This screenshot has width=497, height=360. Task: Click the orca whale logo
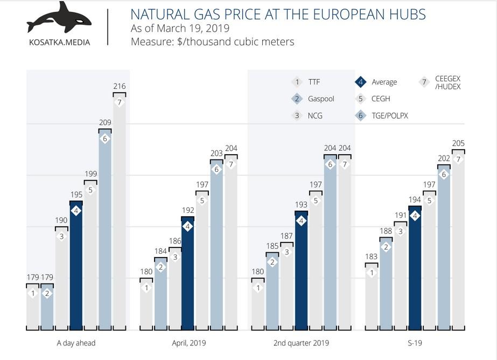pos(59,18)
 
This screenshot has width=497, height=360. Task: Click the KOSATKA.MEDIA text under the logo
pos(59,42)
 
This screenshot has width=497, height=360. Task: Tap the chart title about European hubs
pos(278,14)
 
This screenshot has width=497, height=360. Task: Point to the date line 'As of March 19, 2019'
pos(180,28)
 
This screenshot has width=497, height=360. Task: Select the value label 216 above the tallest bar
pos(120,86)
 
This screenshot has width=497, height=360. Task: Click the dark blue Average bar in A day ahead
pos(76,264)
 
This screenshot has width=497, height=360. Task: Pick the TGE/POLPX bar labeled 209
pos(105,226)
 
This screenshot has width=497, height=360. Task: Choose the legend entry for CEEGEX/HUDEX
pos(447,82)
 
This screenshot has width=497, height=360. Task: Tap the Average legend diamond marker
pos(360,82)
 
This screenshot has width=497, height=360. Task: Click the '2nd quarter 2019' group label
pos(300,343)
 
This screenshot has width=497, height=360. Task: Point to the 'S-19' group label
pos(415,343)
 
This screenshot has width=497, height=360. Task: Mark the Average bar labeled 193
pos(301,269)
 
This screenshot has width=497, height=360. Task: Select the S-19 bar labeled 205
pos(458,240)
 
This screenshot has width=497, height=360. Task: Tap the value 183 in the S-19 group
pos(372,257)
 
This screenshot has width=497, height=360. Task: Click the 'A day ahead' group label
pos(76,343)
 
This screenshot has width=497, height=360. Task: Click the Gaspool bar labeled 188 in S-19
pos(386,283)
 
